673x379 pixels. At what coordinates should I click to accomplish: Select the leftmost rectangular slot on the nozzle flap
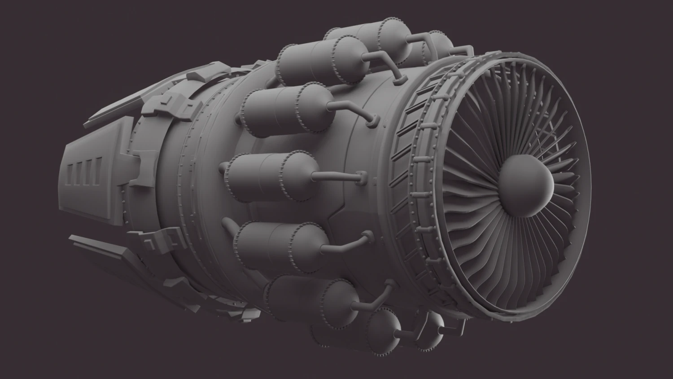[70, 174]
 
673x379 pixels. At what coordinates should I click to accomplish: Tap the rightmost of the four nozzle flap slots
[96, 176]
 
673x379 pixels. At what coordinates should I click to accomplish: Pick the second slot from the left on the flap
[79, 175]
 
